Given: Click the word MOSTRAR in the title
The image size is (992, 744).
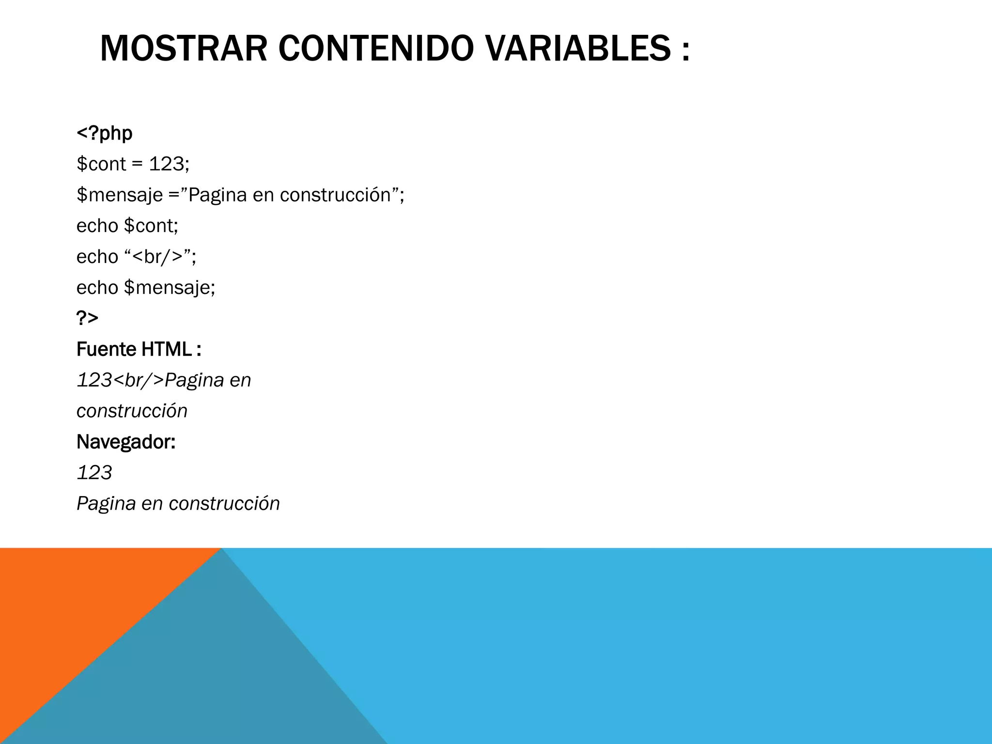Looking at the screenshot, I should click(x=184, y=49).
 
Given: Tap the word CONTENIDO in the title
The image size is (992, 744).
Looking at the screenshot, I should click(x=375, y=49).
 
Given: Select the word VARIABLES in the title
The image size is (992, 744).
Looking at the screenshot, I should click(x=578, y=49).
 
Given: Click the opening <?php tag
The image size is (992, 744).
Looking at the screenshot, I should click(x=105, y=133).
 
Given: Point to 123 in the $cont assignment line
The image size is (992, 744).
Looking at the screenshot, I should click(x=166, y=164).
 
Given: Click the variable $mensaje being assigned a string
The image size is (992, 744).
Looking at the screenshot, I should click(x=120, y=195).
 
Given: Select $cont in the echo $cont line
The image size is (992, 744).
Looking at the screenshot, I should click(x=151, y=226).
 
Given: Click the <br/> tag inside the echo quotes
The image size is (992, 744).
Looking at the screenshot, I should click(x=157, y=257).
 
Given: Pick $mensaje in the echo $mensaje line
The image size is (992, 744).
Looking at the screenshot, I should click(x=170, y=288).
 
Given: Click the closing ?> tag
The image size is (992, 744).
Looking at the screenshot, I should click(x=87, y=318).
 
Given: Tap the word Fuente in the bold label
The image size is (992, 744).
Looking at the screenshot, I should click(x=107, y=349).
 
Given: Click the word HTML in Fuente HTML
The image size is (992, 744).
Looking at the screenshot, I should click(x=166, y=349).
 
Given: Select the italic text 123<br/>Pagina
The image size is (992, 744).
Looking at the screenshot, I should click(x=151, y=380).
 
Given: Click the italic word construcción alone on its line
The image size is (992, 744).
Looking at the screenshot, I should click(x=132, y=411).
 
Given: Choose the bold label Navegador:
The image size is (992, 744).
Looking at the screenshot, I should click(x=126, y=442).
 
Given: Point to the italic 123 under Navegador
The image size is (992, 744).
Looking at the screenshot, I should click(x=94, y=473).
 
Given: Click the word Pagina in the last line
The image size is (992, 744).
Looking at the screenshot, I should click(x=106, y=504).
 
